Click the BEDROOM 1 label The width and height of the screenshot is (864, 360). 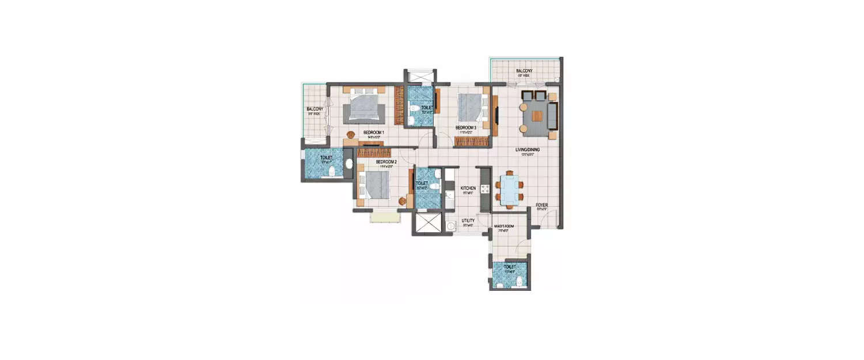tap(374, 132)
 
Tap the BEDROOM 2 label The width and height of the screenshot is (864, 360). tap(386, 162)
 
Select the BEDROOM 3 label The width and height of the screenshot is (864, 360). tap(465, 128)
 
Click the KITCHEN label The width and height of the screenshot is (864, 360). tap(468, 188)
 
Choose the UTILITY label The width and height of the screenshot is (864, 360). tap(468, 221)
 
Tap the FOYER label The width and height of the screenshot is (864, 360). tap(541, 205)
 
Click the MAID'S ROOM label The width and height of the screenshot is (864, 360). tap(505, 226)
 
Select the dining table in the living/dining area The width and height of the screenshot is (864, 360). tap(510, 190)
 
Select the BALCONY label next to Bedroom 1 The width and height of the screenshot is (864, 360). tap(314, 109)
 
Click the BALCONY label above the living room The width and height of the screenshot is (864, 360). tap(524, 71)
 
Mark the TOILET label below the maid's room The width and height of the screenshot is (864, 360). tap(510, 267)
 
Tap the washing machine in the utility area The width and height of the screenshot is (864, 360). tap(451, 225)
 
